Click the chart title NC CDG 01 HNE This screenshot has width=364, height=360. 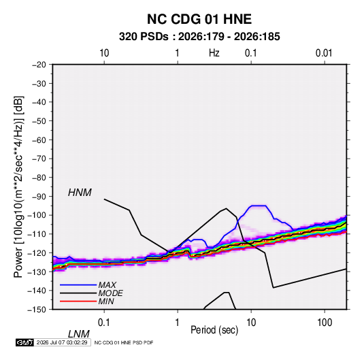click(199, 19)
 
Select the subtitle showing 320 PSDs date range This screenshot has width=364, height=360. click(199, 37)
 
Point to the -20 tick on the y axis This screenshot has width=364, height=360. click(39, 65)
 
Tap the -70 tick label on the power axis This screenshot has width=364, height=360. click(39, 159)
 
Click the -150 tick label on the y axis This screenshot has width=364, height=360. click(37, 310)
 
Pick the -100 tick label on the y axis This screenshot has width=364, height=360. click(37, 215)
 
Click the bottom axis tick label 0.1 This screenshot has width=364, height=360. click(104, 323)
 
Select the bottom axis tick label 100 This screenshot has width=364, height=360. click(325, 323)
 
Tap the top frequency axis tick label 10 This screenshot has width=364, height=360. click(104, 53)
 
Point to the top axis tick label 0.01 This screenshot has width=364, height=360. click(324, 53)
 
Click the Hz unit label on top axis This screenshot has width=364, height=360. click(214, 53)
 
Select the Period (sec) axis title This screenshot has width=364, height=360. click(214, 330)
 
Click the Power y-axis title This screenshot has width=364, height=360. click(18, 187)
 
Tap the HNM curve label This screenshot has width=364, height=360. click(80, 193)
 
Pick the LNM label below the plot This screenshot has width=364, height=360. click(79, 334)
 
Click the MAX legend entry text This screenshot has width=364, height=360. click(107, 285)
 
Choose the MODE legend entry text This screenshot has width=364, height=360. click(110, 293)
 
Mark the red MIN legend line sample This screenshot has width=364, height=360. click(78, 301)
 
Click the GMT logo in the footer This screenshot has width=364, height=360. click(25, 342)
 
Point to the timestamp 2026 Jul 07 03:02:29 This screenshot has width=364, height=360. click(62, 342)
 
